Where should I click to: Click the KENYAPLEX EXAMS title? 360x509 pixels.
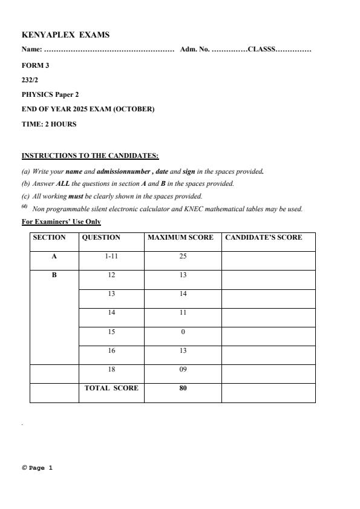point(65,35)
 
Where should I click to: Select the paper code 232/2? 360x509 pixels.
point(30,80)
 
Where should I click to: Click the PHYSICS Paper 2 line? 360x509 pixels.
point(50,94)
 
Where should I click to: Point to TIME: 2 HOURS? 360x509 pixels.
point(49,124)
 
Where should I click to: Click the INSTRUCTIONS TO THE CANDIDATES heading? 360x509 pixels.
point(90,156)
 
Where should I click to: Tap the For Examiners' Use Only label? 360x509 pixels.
point(61,222)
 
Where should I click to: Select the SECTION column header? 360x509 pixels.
point(49,237)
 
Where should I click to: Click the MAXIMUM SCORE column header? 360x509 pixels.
point(180,237)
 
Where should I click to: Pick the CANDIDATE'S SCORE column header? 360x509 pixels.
point(264,237)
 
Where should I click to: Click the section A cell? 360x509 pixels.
point(54,257)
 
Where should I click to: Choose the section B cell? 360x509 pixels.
point(54,275)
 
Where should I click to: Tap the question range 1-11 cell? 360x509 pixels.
point(112,257)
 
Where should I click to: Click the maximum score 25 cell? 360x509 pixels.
point(183,257)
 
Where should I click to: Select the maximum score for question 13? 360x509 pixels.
point(183,294)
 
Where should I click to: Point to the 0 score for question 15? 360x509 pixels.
point(183,332)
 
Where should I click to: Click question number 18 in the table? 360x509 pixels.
point(112,369)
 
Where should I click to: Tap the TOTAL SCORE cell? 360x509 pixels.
point(111,388)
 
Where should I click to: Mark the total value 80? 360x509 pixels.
point(183,388)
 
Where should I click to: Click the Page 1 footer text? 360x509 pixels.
point(38,468)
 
